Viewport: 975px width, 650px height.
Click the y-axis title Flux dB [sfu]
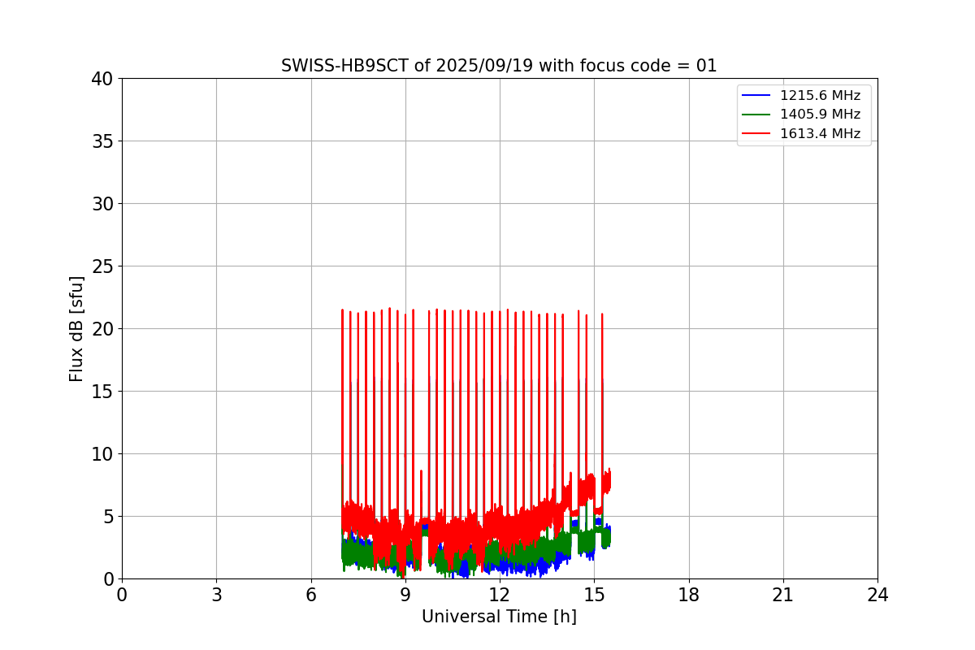(76, 328)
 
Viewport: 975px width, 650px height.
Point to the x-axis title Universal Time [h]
(499, 617)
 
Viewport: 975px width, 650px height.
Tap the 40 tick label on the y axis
(102, 79)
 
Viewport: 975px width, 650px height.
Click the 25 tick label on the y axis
(102, 266)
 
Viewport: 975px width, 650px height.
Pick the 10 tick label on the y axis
(102, 454)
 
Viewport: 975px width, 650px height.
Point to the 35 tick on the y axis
(102, 141)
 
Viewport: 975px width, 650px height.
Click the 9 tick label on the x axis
(405, 595)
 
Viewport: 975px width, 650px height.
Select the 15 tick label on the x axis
(594, 595)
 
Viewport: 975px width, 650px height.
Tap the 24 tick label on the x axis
(877, 595)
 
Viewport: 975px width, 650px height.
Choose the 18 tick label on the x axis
(689, 595)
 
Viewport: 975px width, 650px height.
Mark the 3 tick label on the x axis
(216, 595)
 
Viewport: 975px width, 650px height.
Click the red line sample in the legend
(756, 133)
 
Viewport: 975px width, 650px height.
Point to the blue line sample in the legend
(756, 96)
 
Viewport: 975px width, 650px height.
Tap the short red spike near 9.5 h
(421, 473)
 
